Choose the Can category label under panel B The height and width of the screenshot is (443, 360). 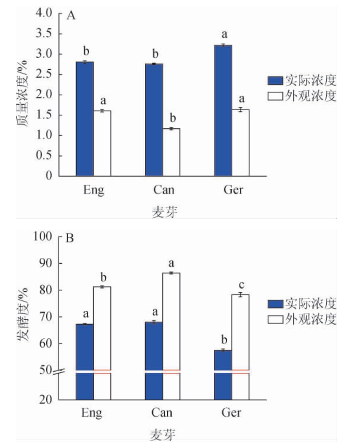point(162,413)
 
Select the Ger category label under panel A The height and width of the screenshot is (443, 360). point(232,190)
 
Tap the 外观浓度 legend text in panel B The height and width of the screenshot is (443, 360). point(312,320)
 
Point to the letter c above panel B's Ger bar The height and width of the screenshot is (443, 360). point(240,284)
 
